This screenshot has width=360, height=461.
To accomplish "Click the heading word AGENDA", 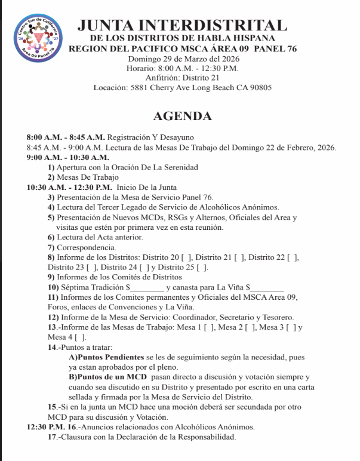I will point(182,116).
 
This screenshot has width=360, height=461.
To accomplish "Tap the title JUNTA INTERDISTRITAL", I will point(182,26).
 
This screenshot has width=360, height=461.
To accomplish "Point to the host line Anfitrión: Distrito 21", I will point(182,78).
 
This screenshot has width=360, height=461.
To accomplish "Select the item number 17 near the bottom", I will point(53,437).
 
